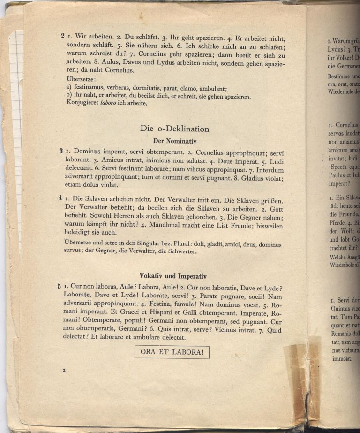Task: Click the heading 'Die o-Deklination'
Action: pyautogui.click(x=174, y=129)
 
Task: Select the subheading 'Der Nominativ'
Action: pyautogui.click(x=174, y=140)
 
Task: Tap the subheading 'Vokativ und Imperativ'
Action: pyautogui.click(x=173, y=276)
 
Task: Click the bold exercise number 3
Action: pyautogui.click(x=61, y=151)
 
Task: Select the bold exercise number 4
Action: pyautogui.click(x=61, y=198)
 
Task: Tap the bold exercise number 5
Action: pyautogui.click(x=60, y=286)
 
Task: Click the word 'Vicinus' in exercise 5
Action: pyautogui.click(x=205, y=329)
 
